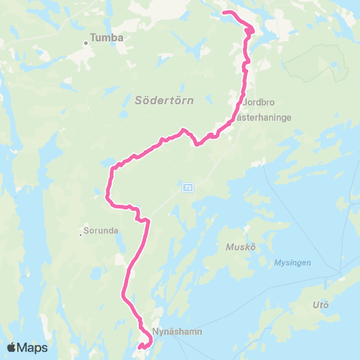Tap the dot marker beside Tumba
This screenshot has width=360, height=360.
point(85,42)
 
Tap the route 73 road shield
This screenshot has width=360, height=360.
point(187,187)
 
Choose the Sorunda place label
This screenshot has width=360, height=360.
point(101,232)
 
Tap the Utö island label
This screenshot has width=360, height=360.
point(320,304)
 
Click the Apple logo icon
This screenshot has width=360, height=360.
point(11,347)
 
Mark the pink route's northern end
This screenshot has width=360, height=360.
point(224,13)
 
